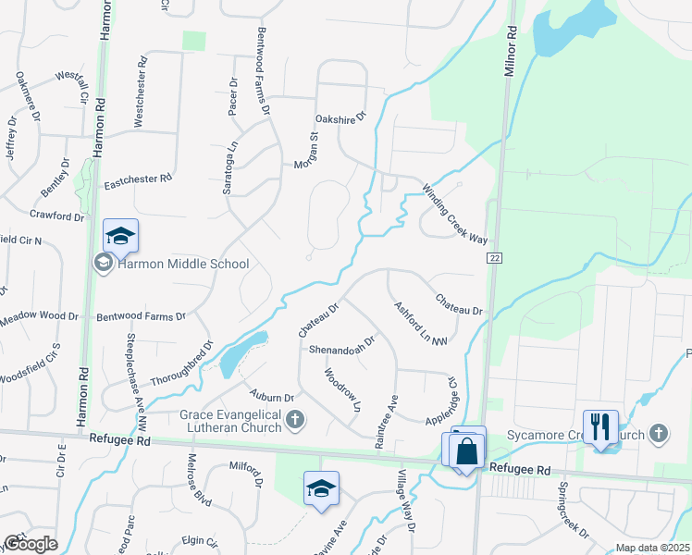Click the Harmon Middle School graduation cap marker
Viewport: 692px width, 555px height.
120,237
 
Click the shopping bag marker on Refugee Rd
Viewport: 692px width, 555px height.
467,450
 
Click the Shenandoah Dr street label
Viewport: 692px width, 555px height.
341,345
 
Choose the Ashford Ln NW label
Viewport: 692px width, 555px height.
421,325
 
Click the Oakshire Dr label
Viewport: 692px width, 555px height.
340,117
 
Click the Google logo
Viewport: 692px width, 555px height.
30,544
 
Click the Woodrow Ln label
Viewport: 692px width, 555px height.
341,389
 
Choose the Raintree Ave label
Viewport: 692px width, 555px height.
386,422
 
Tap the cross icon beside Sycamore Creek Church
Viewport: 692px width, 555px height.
658,433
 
